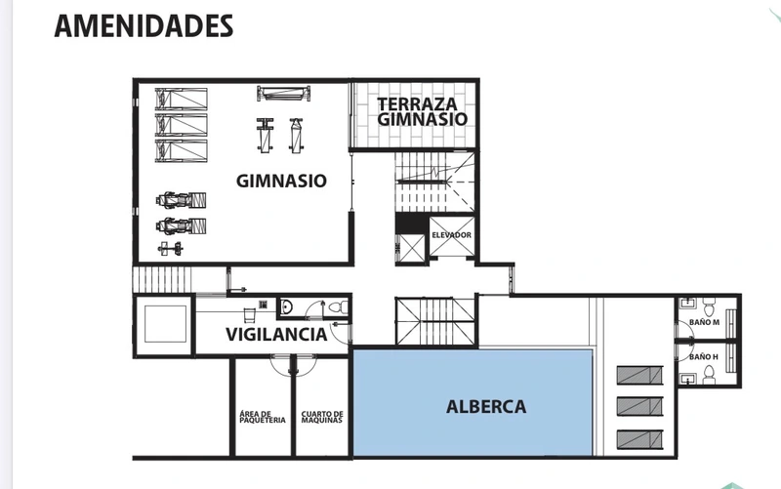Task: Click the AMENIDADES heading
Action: click(144, 25)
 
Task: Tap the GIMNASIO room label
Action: click(281, 181)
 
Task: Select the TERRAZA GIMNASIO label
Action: click(422, 111)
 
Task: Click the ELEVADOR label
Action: click(451, 235)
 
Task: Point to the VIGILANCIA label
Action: click(276, 334)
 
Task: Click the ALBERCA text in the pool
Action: click(486, 407)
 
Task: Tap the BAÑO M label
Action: click(704, 322)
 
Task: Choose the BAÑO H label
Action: click(704, 357)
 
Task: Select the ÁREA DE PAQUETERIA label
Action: click(263, 417)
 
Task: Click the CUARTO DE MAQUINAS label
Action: click(322, 417)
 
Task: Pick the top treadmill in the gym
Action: click(181, 99)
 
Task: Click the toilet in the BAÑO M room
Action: click(709, 306)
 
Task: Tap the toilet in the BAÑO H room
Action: click(709, 375)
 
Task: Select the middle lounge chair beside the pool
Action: click(640, 407)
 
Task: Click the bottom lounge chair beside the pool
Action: click(640, 439)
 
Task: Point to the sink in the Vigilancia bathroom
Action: click(286, 306)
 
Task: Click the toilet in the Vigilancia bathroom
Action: click(339, 307)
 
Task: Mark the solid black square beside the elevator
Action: click(412, 223)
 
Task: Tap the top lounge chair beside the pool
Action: click(640, 376)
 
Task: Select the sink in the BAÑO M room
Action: click(687, 302)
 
